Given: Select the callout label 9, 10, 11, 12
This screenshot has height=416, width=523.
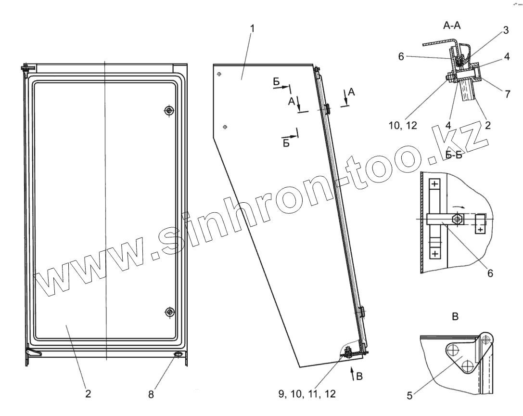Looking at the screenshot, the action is [x=307, y=394].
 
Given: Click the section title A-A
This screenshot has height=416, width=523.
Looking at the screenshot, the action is [x=451, y=27].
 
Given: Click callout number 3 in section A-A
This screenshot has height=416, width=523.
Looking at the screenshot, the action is [x=506, y=30].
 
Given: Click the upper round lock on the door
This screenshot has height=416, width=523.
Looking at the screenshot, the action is [x=168, y=111].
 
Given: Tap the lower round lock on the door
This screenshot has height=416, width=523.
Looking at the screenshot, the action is [x=169, y=312].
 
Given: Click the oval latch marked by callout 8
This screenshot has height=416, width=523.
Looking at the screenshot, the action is [x=178, y=355].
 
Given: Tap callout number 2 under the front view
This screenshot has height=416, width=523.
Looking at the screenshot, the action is [x=88, y=394].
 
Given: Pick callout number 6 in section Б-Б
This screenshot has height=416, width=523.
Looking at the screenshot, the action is [x=490, y=273].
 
